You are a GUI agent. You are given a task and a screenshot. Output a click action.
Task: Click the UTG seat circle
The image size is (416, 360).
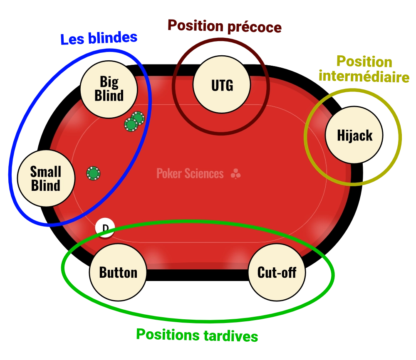222,85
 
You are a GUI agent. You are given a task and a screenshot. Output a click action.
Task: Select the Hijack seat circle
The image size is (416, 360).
354,136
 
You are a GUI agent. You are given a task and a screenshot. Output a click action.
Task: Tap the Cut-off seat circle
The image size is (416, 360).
277,272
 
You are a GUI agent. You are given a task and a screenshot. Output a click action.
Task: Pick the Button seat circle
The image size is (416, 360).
118,272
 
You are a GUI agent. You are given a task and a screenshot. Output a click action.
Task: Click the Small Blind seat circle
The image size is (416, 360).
46,178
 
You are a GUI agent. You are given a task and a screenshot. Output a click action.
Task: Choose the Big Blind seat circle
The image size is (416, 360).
109,89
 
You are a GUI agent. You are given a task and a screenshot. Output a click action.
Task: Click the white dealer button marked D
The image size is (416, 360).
105,228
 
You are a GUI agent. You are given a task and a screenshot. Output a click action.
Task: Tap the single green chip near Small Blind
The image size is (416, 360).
93,173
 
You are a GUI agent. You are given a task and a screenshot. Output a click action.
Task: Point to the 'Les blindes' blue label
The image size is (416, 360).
99,39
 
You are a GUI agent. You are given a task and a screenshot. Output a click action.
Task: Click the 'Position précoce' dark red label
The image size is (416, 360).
225,27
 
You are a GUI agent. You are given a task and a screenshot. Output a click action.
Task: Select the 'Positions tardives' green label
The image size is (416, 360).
198,335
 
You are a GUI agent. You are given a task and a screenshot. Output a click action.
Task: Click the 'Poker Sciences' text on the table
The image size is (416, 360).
190,173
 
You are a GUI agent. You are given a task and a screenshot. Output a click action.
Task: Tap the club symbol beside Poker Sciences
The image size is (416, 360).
235,174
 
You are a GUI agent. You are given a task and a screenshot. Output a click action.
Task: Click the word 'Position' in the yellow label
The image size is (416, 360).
364,62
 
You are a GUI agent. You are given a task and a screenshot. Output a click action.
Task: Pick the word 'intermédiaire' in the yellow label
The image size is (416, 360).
364,76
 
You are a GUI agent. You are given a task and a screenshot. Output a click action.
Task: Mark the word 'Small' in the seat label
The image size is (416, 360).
46,172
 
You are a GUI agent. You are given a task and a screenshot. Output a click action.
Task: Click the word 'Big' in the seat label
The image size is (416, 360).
109,82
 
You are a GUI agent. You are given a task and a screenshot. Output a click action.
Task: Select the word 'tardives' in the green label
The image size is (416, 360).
231,336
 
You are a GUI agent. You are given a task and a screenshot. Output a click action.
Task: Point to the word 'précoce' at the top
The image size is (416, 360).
254,27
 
